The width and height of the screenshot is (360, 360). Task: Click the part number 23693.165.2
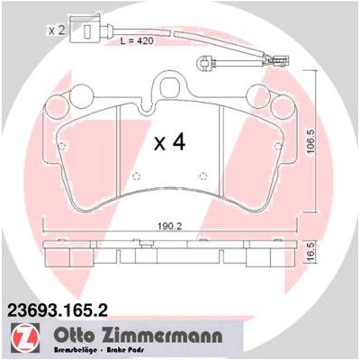tap(57, 310)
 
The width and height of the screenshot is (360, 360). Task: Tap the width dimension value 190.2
tap(170, 226)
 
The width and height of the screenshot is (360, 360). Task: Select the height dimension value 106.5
tap(312, 141)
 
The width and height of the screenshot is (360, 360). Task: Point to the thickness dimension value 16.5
tap(311, 253)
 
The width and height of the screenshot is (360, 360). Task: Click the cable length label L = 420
tap(137, 40)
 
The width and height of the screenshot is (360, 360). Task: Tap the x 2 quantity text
tap(57, 30)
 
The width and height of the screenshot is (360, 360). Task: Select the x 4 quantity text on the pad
tap(170, 142)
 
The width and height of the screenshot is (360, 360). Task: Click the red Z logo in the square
tap(25, 337)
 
